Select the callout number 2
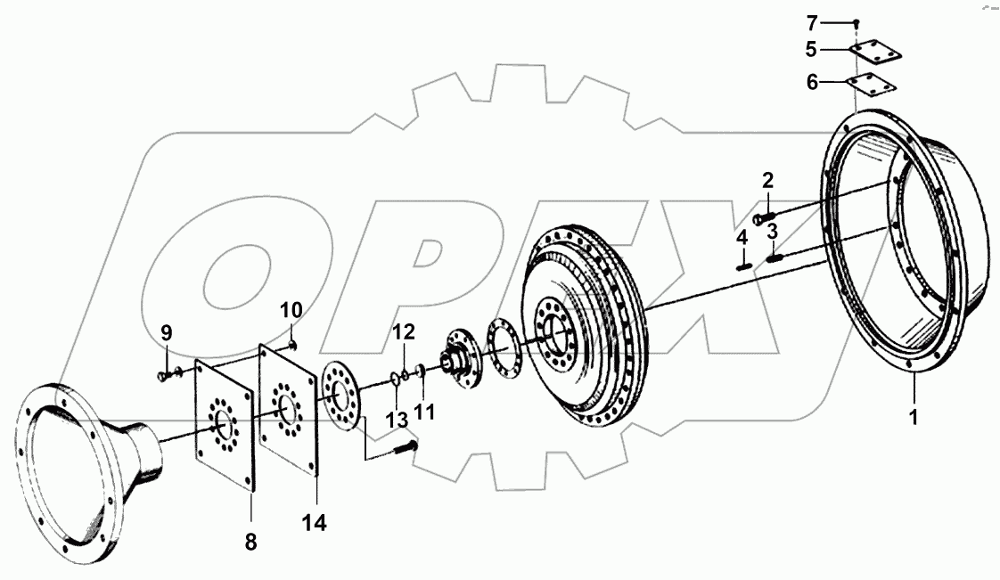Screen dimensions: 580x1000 click(767, 182)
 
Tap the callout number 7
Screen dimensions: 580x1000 click(812, 22)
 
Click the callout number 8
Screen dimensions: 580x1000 click(250, 540)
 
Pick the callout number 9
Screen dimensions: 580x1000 click(166, 333)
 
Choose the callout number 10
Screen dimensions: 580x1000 click(291, 310)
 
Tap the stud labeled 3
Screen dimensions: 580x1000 click(775, 258)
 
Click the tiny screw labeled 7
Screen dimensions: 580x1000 click(856, 22)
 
